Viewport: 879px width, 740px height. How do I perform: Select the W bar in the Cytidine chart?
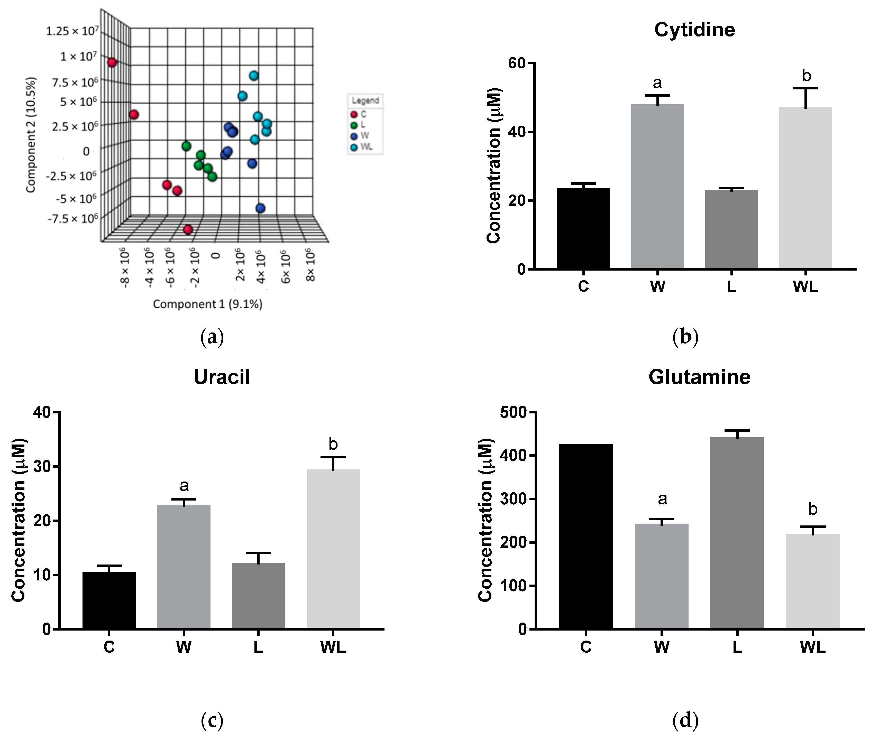[657, 187]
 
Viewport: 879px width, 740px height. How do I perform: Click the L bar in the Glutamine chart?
[737, 533]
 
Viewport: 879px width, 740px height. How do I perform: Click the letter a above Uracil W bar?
[184, 486]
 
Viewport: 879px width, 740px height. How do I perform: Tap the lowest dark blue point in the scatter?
[260, 208]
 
